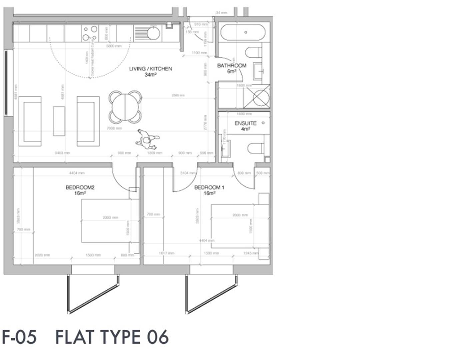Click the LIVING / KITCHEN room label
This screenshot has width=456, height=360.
[151, 69]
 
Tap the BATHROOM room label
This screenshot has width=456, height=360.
[232, 66]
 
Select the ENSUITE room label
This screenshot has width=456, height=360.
[245, 123]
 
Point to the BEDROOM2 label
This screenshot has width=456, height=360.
[80, 188]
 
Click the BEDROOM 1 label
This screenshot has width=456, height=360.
[209, 188]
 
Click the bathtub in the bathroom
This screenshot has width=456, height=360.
[243, 32]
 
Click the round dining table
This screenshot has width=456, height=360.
[125, 107]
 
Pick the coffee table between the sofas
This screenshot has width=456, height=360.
[59, 121]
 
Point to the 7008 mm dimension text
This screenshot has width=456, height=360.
[114, 128]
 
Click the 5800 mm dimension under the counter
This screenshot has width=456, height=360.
[114, 46]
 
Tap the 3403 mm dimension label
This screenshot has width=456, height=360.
[62, 153]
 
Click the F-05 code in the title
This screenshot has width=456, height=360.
[19, 337]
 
